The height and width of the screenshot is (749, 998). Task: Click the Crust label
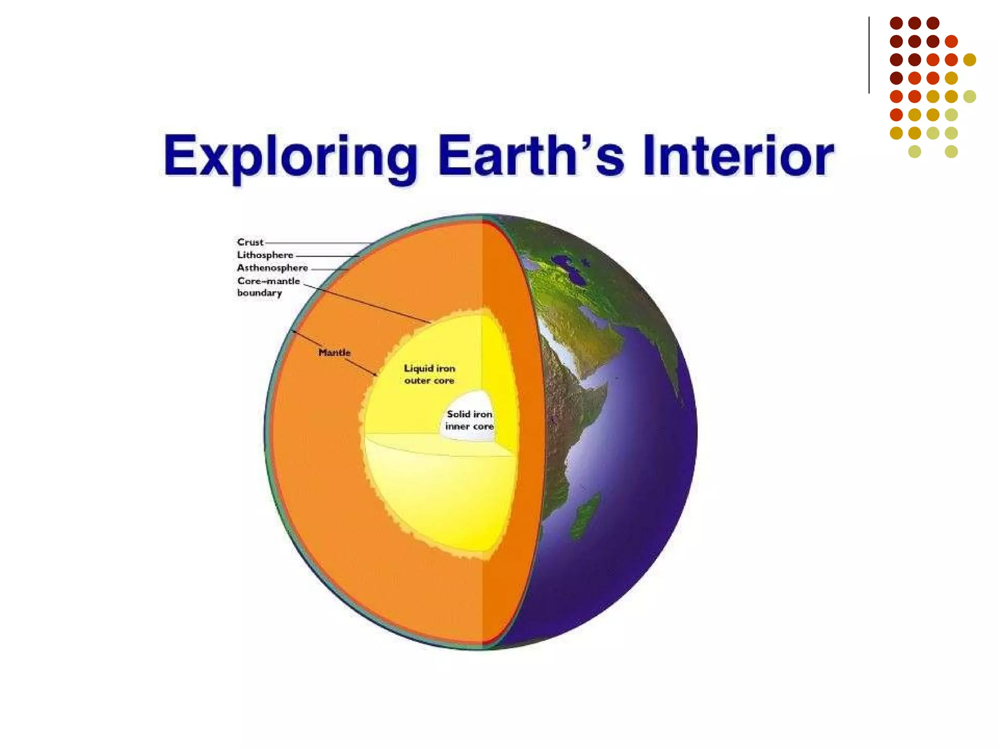pos(250,242)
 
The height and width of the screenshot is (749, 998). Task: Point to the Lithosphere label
pos(265,255)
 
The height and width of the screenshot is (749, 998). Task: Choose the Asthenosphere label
pos(272,268)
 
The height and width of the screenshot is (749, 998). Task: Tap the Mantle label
pos(334,353)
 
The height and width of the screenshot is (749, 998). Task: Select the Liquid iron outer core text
pos(429,374)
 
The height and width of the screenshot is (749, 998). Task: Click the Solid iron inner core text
pos(469,420)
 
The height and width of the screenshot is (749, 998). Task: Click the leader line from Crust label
pos(317,243)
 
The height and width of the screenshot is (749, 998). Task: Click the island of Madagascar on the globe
pos(584,517)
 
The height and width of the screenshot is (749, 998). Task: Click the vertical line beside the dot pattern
pos(869,55)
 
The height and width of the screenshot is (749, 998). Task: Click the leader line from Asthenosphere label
pos(330,269)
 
